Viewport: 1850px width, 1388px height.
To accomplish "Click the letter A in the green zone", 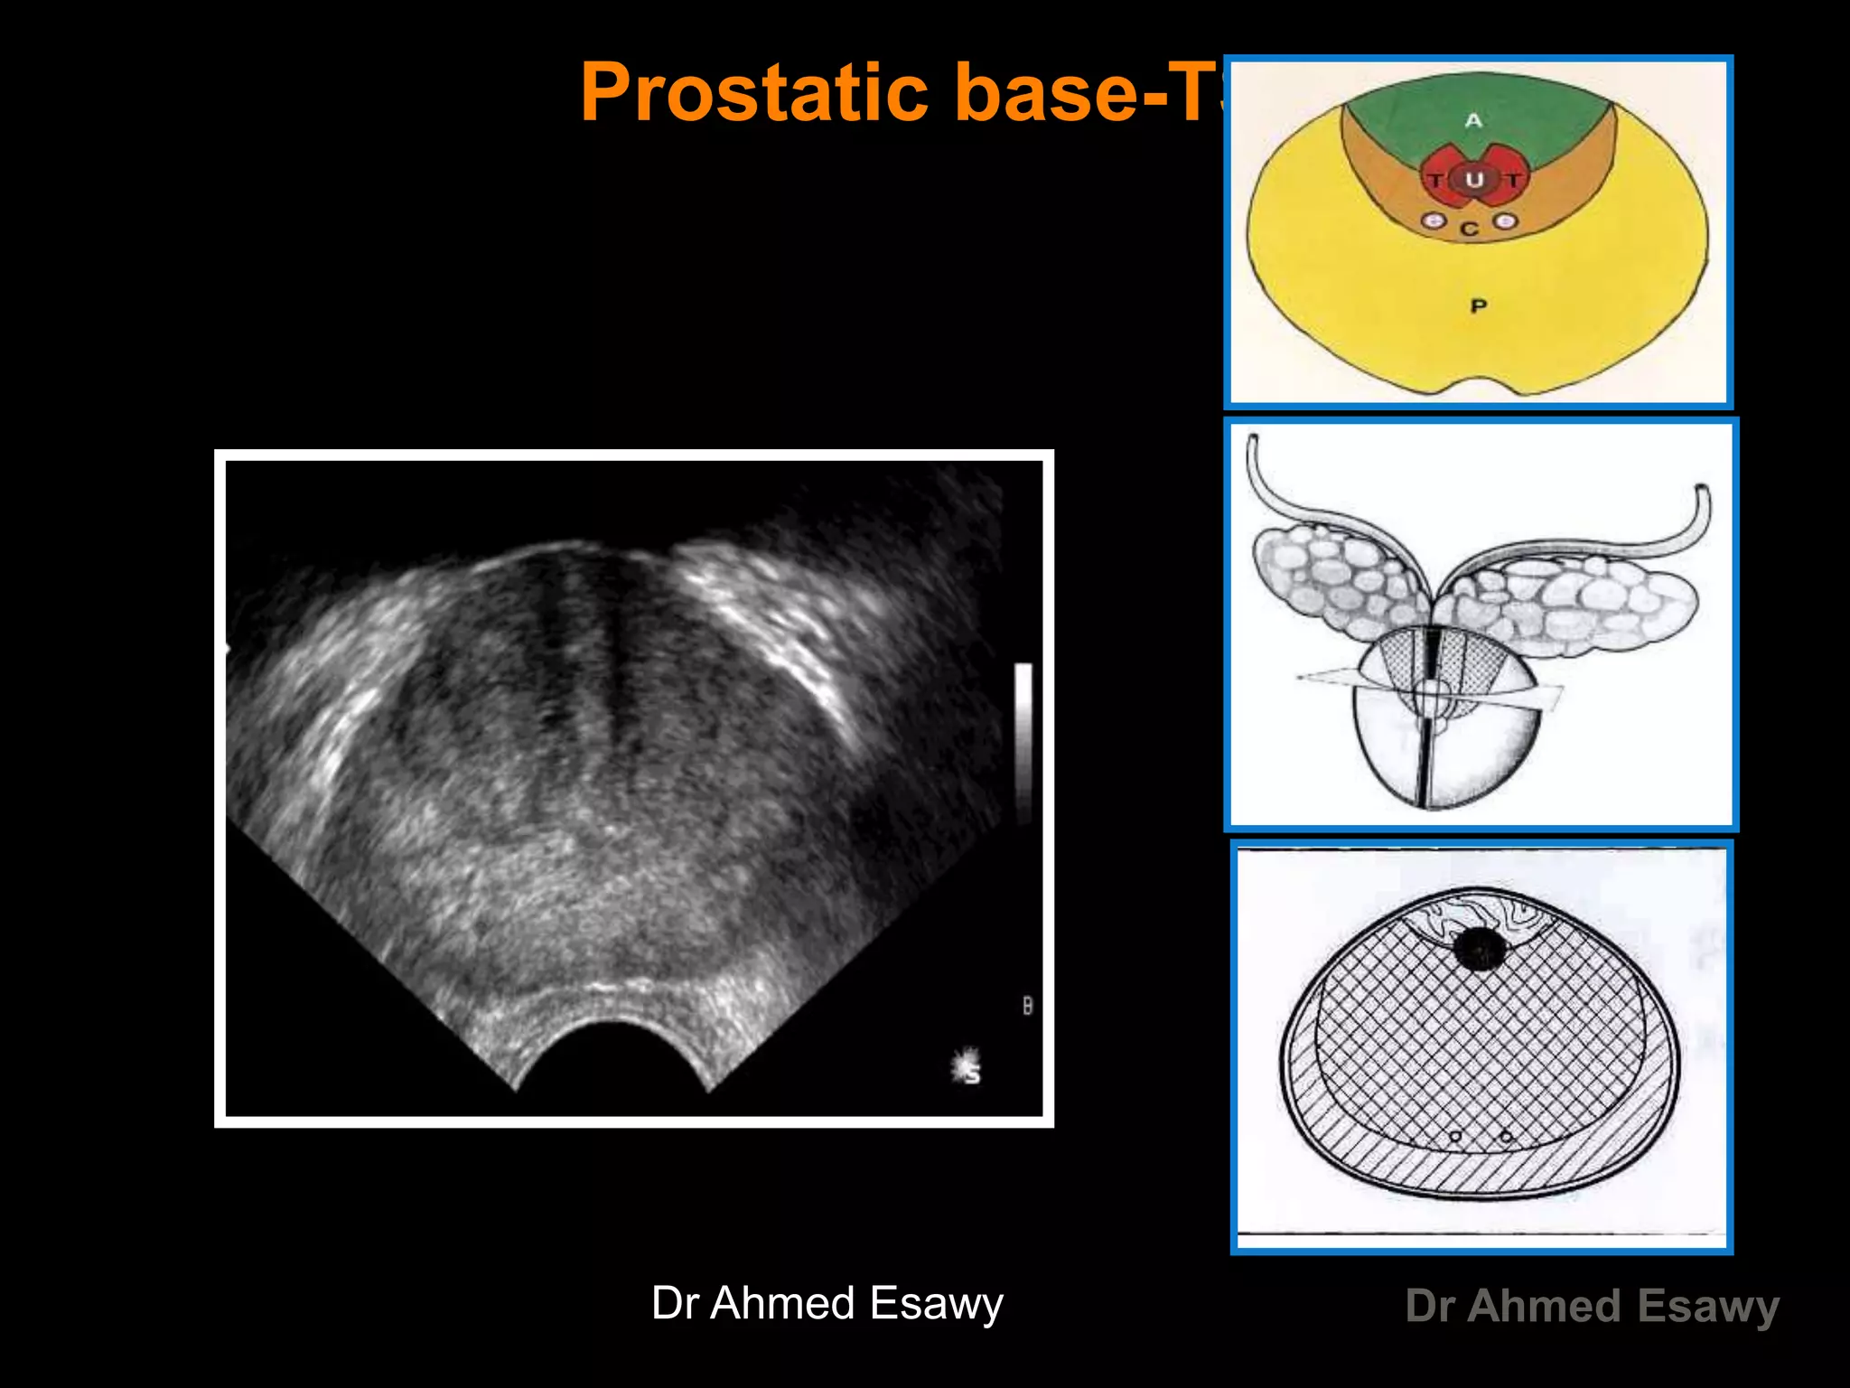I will click(x=1473, y=120).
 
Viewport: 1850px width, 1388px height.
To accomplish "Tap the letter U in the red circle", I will click(x=1473, y=179).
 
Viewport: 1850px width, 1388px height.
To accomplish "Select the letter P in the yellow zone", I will click(x=1478, y=306).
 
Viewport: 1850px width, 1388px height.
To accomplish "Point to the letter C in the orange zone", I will click(x=1470, y=230).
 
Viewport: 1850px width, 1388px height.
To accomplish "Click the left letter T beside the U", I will click(x=1435, y=181).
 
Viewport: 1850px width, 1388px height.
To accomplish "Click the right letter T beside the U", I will click(x=1512, y=180).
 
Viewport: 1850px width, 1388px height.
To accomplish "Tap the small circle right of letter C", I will click(x=1505, y=220).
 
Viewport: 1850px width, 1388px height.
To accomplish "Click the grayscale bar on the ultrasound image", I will click(x=1023, y=741).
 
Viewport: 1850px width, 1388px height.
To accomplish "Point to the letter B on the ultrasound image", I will click(x=1027, y=1005).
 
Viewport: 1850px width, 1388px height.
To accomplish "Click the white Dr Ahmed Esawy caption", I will click(x=827, y=1303).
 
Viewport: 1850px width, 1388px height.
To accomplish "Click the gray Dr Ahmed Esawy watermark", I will click(x=1592, y=1306).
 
